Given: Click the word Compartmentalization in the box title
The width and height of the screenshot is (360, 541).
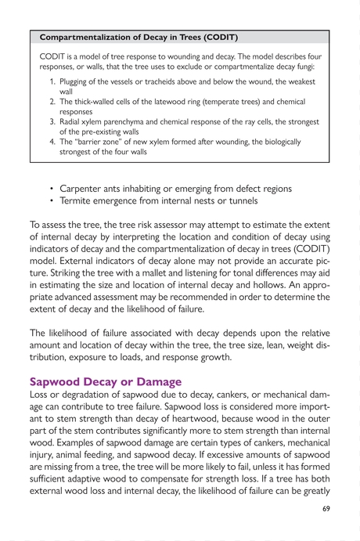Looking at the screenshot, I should coord(85,37).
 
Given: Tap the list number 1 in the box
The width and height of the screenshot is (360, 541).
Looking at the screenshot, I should coord(51,81).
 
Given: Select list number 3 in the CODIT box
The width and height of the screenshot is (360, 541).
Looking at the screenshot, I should coord(51,122).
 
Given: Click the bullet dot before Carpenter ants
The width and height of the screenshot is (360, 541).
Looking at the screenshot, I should coord(51,189).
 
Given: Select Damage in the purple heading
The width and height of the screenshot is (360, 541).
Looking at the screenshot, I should coord(158,382).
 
